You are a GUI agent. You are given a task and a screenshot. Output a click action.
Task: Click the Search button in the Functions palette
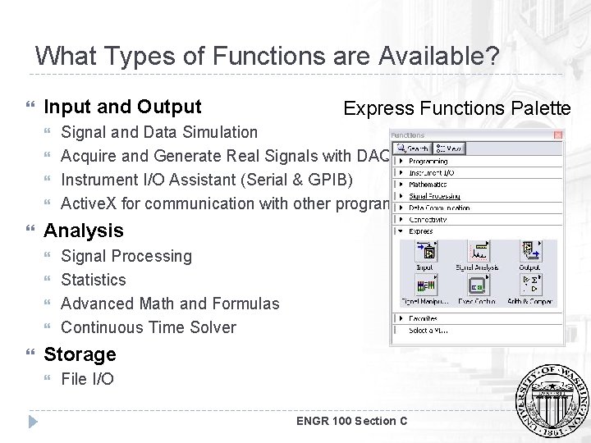[x=412, y=149]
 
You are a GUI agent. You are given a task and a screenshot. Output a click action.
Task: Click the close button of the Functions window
[x=558, y=135]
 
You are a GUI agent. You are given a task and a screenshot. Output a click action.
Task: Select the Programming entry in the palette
[x=428, y=162]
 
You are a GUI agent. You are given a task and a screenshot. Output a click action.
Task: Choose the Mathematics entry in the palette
[x=428, y=185]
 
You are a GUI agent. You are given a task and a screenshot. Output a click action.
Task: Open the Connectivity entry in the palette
[x=429, y=219]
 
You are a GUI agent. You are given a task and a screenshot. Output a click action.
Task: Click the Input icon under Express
[x=424, y=254]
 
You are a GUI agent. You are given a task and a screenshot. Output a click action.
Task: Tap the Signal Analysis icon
[x=477, y=254]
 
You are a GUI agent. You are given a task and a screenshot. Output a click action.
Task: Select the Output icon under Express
[x=529, y=254]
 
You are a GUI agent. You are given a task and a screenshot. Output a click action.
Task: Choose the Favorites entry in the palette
[x=424, y=318]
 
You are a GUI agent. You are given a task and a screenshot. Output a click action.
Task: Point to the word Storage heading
[x=80, y=354]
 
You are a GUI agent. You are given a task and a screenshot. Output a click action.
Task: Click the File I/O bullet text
[x=87, y=378]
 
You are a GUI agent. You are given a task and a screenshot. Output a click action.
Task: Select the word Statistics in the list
[x=94, y=280]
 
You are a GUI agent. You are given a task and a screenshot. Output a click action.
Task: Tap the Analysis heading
[x=83, y=231]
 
